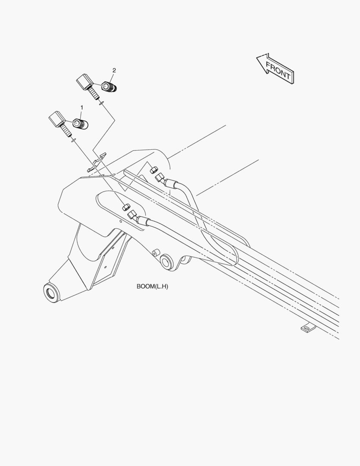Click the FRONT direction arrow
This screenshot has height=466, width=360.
coord(275,69)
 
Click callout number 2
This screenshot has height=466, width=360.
coord(114,70)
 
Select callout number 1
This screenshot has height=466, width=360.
coord(81,107)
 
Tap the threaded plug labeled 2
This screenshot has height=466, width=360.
coord(109,87)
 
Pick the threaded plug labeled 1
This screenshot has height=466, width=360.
coord(81,124)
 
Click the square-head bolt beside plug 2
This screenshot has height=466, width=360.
coord(87,86)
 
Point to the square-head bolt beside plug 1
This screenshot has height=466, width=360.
coord(59,123)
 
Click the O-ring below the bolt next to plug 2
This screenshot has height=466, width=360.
coord(101,103)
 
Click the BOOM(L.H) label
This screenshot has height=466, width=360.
coord(152,287)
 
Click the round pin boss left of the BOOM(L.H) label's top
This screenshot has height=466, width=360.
coord(166,262)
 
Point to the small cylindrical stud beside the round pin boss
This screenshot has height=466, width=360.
coord(155,253)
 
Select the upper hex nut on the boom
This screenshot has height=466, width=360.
coord(153,170)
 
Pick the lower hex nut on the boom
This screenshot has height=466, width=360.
coord(125,207)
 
